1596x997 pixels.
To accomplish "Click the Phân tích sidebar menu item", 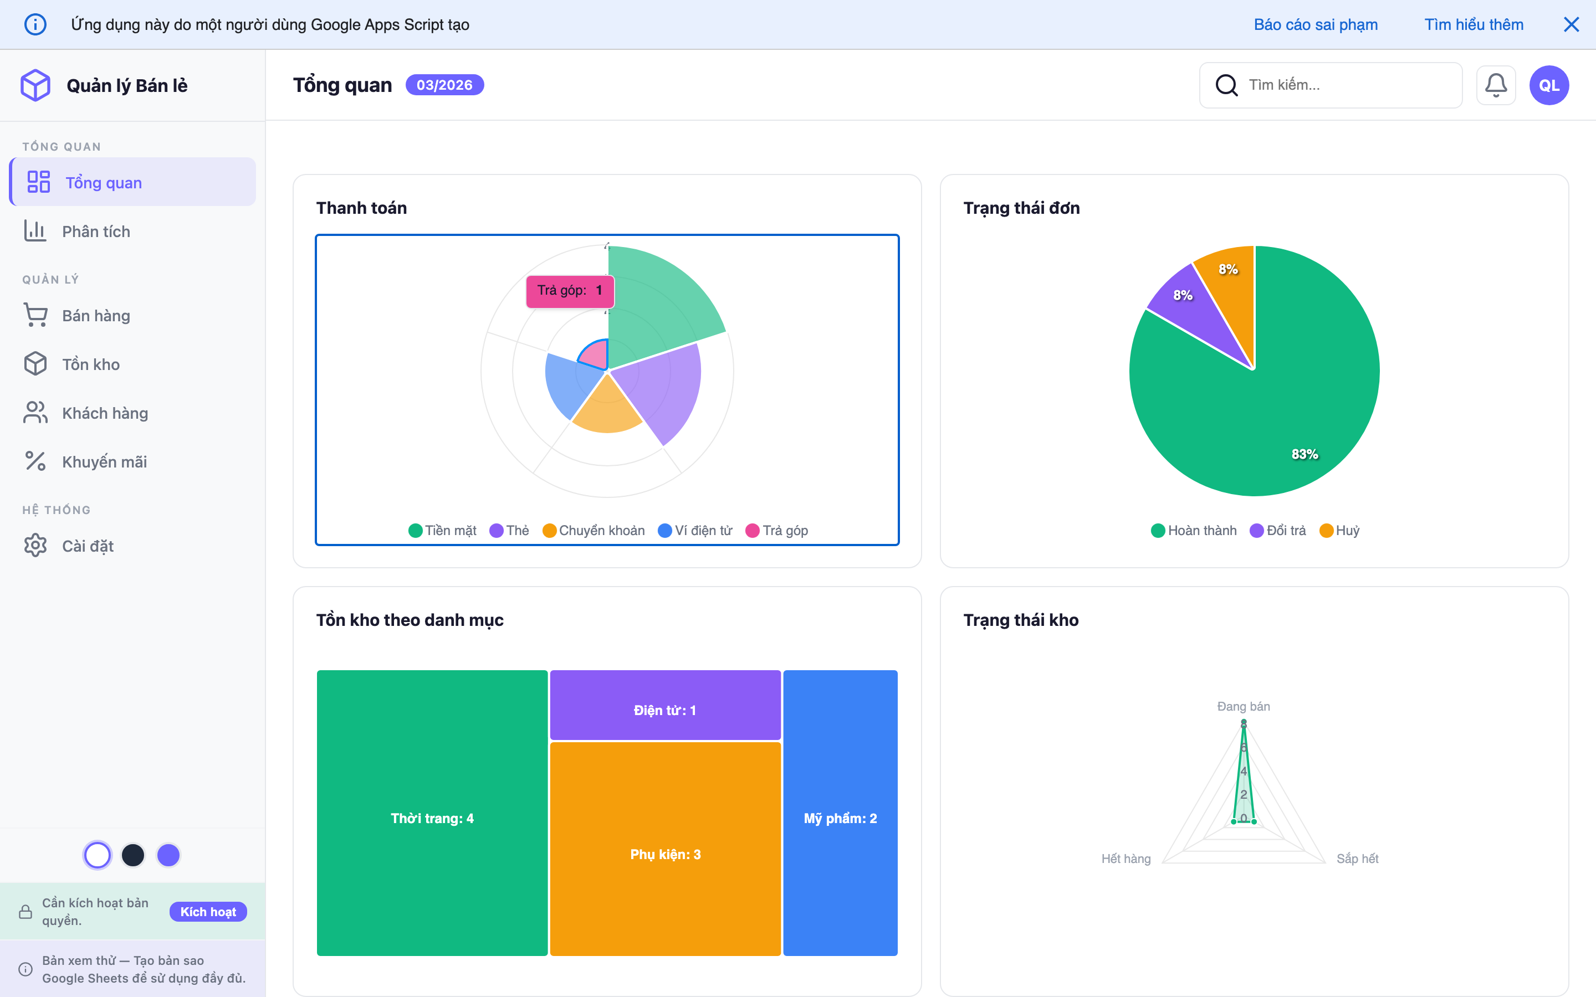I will (96, 232).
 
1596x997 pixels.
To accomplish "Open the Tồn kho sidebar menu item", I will (90, 364).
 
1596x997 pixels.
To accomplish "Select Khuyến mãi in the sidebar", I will (104, 461).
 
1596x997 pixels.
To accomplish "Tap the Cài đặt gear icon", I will (35, 546).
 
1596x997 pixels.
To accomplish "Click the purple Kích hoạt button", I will (208, 912).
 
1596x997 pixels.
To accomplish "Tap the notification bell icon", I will (1496, 85).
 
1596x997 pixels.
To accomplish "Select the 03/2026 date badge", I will (444, 85).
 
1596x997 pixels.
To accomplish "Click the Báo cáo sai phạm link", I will (1315, 24).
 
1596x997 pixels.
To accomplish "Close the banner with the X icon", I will (1571, 24).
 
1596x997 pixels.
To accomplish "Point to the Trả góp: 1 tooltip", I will (570, 291).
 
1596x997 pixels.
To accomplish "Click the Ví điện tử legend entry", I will (696, 531).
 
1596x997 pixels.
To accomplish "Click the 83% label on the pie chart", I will (1305, 454).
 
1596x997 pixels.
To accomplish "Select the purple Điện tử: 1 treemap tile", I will (665, 710).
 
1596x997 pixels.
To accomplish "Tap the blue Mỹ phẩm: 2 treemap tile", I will (840, 818).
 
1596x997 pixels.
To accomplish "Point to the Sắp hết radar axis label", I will (1357, 859).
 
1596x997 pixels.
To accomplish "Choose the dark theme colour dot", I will (132, 855).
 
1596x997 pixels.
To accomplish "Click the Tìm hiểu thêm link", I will (1474, 24).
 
